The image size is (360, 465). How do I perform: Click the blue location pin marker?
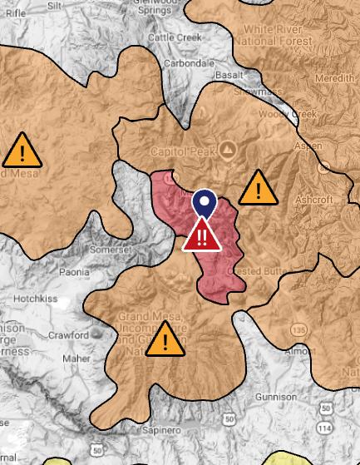click(x=204, y=203)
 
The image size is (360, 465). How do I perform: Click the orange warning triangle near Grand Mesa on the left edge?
click(x=21, y=150)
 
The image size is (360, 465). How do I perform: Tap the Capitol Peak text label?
click(x=181, y=151)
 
